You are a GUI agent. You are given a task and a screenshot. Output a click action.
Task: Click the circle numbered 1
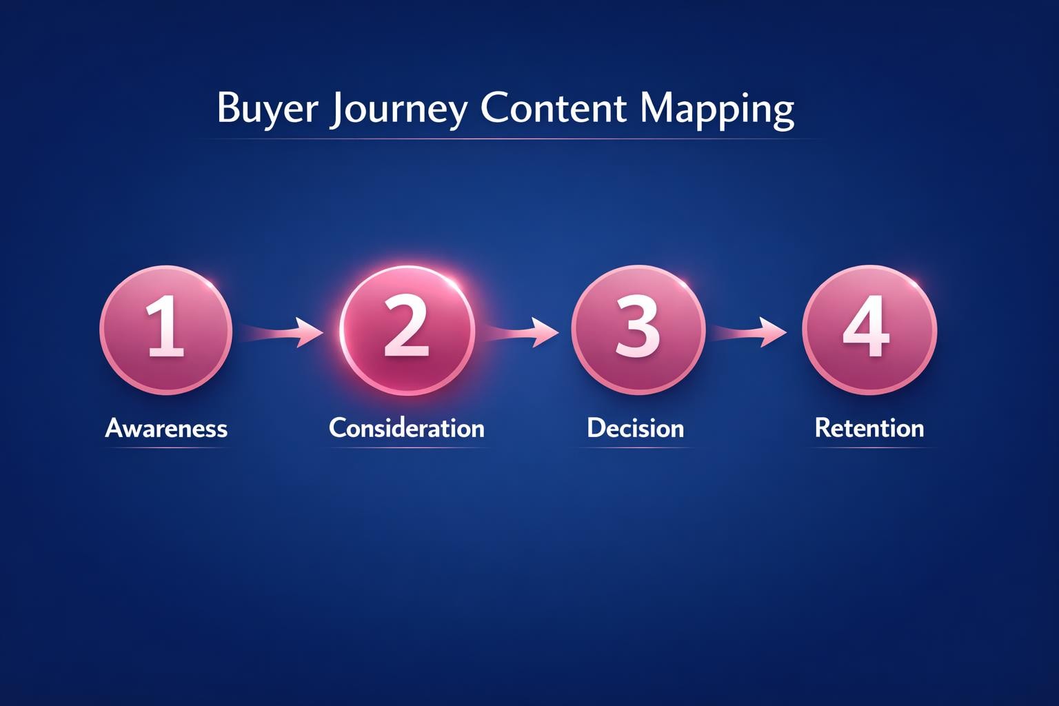166,330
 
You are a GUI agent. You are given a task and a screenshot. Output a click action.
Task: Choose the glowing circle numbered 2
407,330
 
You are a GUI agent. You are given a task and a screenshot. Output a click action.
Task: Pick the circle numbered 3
638,330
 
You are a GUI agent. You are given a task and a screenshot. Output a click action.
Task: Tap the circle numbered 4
869,330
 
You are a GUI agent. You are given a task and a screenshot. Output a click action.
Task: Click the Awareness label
166,428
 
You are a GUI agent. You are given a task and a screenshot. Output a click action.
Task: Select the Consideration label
407,427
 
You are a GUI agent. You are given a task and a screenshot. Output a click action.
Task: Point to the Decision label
636,427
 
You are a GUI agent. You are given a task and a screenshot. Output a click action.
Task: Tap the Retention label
869,427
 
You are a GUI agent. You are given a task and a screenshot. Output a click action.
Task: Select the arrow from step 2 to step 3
521,332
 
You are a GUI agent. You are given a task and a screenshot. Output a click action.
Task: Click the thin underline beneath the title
507,139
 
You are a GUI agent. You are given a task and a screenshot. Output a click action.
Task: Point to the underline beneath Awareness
166,448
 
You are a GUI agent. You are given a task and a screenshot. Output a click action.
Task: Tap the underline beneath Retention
869,448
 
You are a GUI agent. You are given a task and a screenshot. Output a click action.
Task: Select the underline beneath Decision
636,448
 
